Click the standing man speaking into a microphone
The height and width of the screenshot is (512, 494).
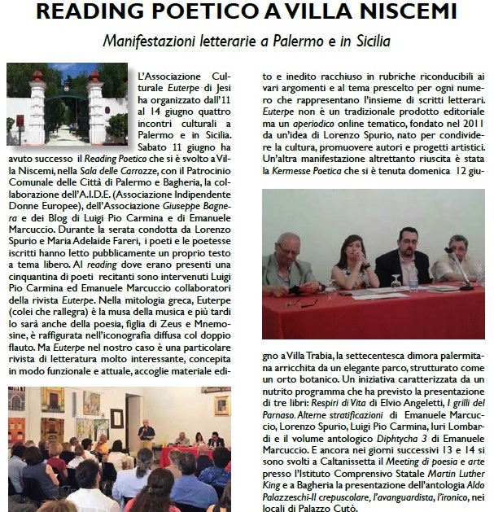tap(146, 431)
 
